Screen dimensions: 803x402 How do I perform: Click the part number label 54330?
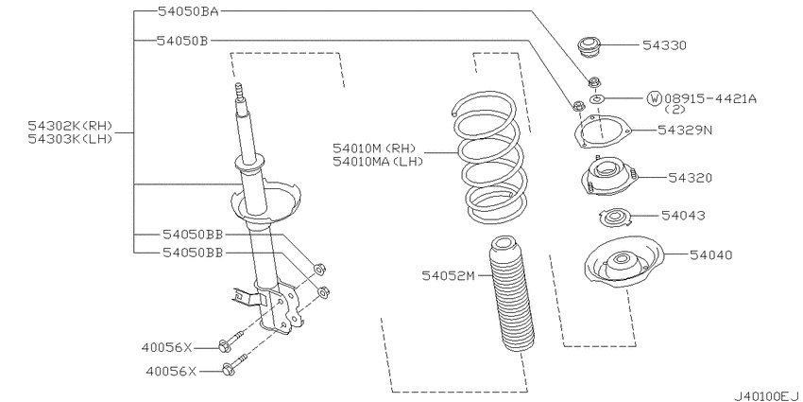click(664, 45)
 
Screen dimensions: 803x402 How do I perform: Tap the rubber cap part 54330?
click(589, 46)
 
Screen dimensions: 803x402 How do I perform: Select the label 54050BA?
click(188, 10)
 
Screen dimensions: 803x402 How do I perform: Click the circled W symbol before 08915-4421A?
click(655, 98)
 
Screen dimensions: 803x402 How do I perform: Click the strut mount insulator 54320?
click(609, 177)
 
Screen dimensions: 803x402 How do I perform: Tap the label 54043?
click(683, 216)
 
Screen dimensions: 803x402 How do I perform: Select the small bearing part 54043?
click(613, 218)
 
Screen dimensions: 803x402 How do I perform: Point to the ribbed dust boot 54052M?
click(509, 294)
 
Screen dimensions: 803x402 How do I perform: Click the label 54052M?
click(449, 276)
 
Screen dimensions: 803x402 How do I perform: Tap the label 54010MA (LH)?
click(378, 162)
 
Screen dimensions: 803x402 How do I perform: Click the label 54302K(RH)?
click(70, 126)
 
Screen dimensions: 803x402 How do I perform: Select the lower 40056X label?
click(171, 370)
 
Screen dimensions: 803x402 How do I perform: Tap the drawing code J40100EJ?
click(765, 396)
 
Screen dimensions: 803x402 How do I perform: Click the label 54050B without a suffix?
click(182, 40)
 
